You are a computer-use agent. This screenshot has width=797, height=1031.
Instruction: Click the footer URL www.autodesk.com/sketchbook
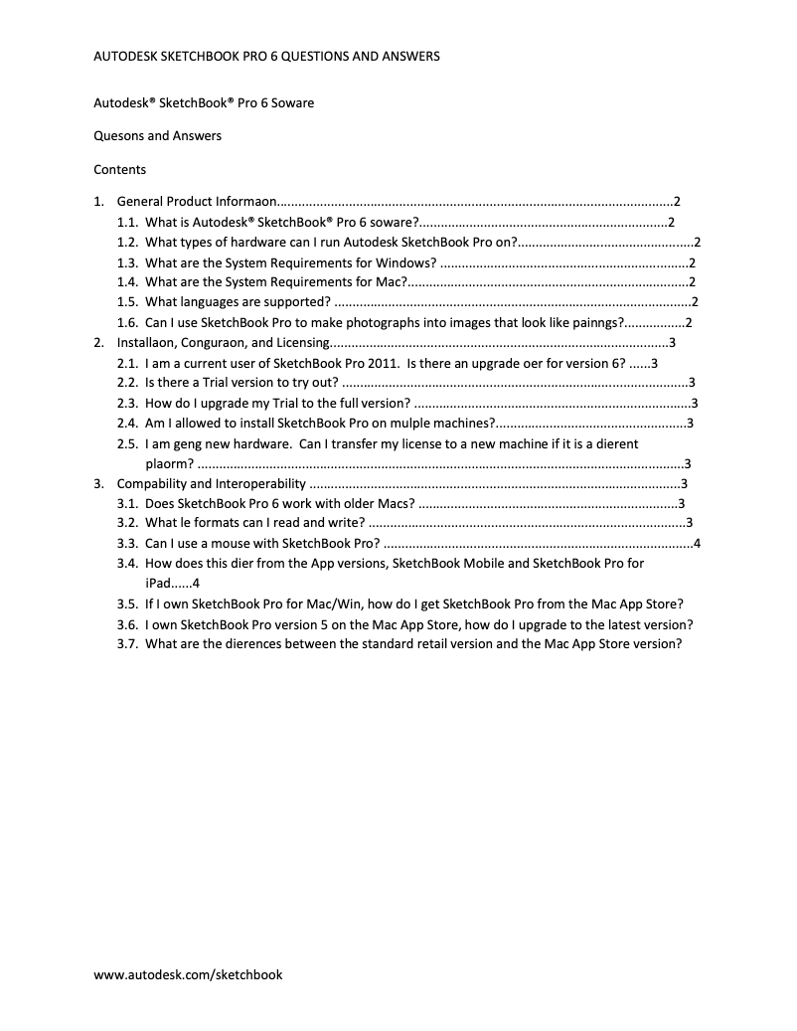click(188, 975)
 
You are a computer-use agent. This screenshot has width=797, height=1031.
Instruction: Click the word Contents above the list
click(119, 169)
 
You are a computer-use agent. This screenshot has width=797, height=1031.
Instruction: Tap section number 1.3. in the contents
click(127, 262)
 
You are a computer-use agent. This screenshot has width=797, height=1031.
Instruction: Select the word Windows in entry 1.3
click(404, 262)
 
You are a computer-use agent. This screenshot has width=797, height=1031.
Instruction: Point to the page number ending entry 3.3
click(698, 543)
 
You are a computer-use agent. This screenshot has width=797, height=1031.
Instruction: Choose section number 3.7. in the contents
click(127, 643)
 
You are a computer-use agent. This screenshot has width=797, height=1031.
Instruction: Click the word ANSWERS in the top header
click(404, 57)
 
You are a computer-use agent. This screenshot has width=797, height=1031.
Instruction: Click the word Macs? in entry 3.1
click(396, 503)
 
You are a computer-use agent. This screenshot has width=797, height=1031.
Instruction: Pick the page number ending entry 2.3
click(695, 403)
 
